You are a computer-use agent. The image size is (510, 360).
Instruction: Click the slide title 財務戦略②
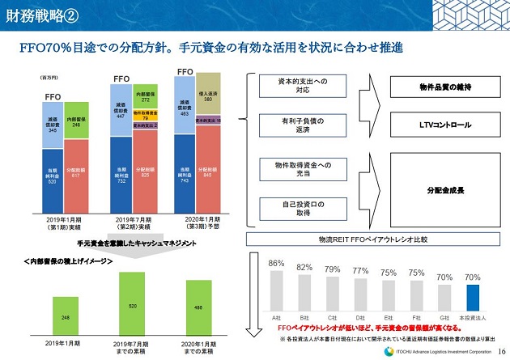point(41,14)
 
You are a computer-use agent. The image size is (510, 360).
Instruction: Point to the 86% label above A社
point(276,264)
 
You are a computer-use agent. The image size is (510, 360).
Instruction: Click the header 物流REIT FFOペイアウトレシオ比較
point(373,239)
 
